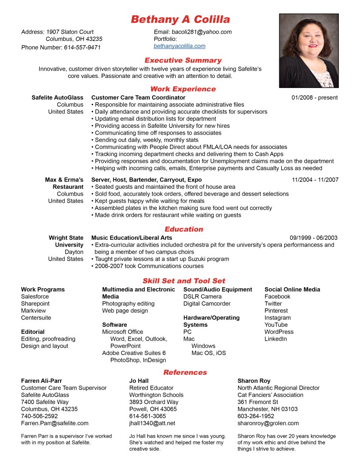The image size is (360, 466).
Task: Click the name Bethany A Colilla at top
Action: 180,20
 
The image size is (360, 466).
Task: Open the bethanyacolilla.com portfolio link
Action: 180,46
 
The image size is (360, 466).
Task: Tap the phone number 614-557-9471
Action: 82,48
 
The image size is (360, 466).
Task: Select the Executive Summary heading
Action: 183,61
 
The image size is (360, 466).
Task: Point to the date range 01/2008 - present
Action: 314,98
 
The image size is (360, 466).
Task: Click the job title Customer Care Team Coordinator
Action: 138,98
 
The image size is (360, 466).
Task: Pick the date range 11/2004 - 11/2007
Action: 315,180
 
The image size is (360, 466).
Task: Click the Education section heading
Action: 184,229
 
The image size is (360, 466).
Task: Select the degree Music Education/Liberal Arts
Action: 132,238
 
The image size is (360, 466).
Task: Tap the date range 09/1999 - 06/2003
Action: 313,238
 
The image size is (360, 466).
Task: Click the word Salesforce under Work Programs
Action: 35,297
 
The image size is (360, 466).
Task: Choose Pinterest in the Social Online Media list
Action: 276,311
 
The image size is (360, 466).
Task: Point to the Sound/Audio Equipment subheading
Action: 217,290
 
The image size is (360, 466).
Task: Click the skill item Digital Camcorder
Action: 207,304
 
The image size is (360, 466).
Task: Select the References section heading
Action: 185,372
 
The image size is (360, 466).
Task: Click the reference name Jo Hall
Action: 139,381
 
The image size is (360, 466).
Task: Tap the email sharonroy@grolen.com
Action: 268,423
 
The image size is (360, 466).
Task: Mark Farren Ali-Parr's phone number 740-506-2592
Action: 39,416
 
